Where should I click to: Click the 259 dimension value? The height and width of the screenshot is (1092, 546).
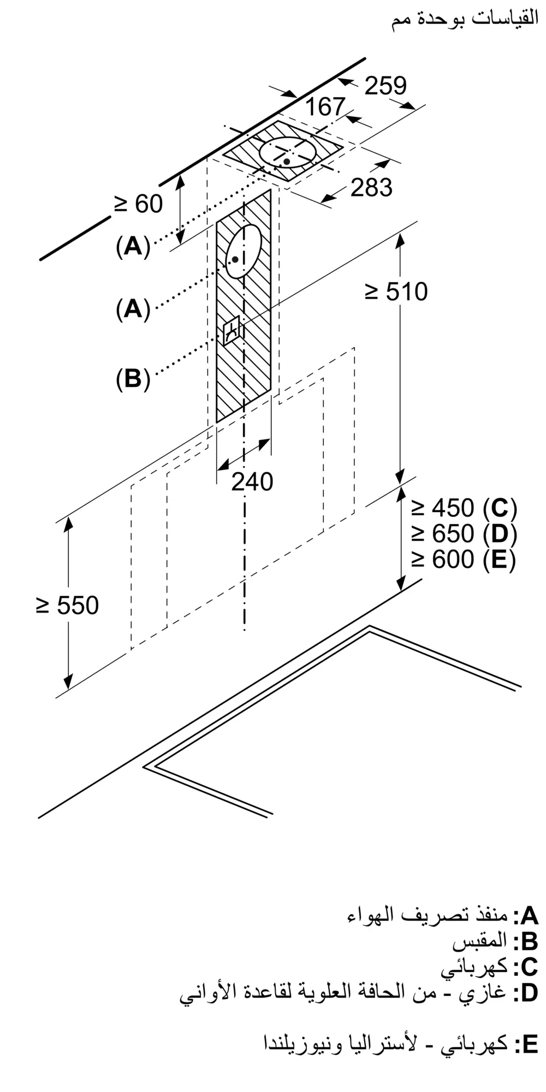tap(385, 86)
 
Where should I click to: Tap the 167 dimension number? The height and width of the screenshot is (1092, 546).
tap(325, 106)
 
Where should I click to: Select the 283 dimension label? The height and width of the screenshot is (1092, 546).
tap(371, 187)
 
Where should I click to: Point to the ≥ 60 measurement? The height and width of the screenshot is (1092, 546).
tap(138, 204)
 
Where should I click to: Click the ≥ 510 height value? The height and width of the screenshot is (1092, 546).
tap(396, 292)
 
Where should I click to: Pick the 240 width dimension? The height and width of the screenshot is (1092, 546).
tap(252, 482)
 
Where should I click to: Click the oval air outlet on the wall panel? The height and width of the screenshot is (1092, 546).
tap(244, 251)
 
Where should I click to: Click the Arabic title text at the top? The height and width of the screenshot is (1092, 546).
tap(465, 20)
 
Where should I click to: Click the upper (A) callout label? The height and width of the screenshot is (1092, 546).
tap(133, 247)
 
